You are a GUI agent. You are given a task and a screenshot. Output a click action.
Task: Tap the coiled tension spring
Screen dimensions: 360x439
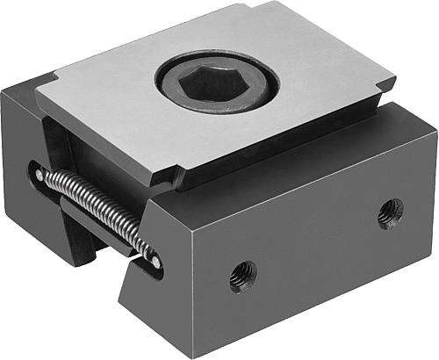[x=97, y=212]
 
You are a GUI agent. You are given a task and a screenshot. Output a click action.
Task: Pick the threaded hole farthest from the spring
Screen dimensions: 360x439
[x=390, y=212]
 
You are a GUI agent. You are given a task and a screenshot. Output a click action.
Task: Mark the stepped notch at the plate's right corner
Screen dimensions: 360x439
[x=384, y=89]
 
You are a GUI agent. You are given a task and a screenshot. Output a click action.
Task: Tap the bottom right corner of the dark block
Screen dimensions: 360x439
[x=433, y=252]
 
